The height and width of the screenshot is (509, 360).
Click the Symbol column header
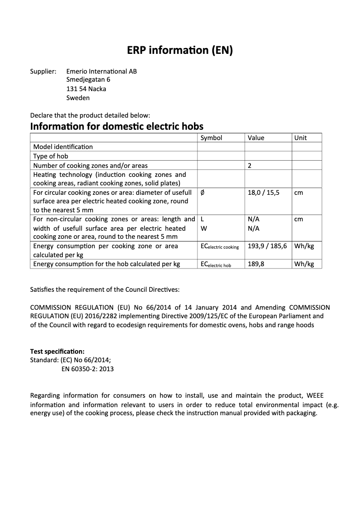click(211, 138)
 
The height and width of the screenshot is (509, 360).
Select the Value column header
click(256, 138)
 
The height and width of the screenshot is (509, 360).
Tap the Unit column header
click(300, 138)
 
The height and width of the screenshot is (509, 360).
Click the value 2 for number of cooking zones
click(250, 166)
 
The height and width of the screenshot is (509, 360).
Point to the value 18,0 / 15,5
click(263, 192)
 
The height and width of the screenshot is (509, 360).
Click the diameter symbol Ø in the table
click(202, 192)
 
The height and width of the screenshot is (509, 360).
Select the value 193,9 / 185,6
click(267, 246)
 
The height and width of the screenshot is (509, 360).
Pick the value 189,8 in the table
click(256, 264)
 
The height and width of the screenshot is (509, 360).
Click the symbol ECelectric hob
click(215, 265)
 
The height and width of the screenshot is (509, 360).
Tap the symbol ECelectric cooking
click(220, 247)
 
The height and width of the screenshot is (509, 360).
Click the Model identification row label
click(63, 147)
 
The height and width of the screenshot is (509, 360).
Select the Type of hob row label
click(51, 156)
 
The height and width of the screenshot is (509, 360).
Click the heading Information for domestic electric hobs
click(117, 126)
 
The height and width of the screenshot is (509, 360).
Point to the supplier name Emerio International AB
click(101, 71)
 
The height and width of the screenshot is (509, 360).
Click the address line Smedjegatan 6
click(88, 79)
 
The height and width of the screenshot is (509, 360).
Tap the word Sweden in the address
click(78, 97)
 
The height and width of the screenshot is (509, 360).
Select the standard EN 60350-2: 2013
click(87, 369)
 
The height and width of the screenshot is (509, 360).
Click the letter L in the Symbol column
click(202, 219)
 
